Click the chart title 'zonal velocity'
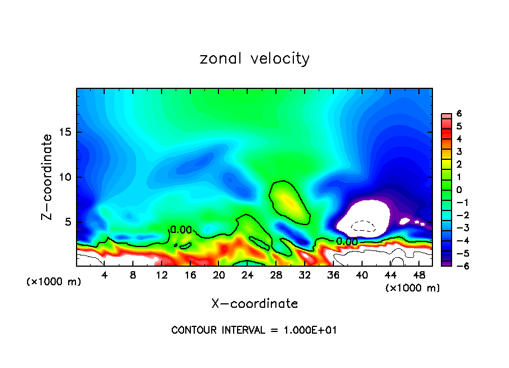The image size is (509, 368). [x=254, y=59]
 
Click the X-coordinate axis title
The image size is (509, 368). [x=254, y=304]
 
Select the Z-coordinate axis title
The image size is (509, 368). [x=48, y=177]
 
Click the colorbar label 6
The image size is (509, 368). [x=459, y=113]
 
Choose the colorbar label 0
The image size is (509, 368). [x=459, y=190]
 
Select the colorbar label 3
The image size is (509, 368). [x=459, y=151]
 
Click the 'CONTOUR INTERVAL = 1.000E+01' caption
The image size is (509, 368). [x=254, y=330]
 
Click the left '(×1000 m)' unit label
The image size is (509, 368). [x=54, y=282]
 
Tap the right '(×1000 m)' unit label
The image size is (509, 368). [x=413, y=288]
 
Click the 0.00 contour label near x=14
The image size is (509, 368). [x=181, y=230]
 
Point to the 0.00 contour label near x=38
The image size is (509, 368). [x=347, y=241]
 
